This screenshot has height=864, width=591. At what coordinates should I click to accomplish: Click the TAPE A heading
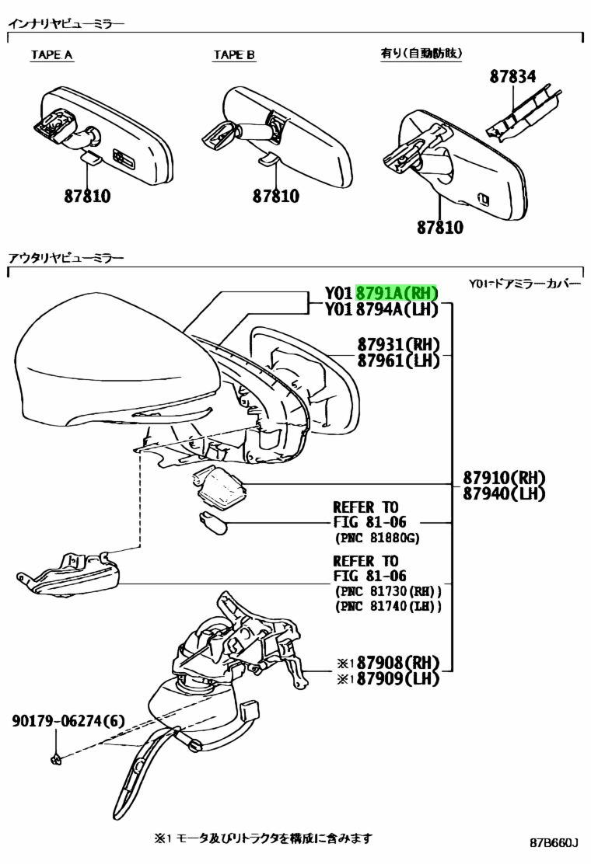click(51, 54)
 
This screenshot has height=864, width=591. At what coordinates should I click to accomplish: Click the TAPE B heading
click(234, 54)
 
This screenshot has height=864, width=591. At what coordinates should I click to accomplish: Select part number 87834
click(512, 76)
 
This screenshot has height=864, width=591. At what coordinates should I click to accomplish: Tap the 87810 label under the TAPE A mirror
click(87, 196)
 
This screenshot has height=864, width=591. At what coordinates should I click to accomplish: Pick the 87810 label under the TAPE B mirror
click(275, 196)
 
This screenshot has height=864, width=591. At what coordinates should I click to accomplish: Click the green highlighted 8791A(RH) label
click(397, 292)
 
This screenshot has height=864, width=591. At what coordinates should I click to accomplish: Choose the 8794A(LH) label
click(397, 309)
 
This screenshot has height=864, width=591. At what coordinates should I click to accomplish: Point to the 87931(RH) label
click(399, 344)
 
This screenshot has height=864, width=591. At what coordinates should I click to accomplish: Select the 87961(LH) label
click(399, 361)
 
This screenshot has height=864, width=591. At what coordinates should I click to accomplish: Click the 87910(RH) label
click(504, 477)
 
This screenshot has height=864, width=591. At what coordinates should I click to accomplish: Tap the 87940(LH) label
click(504, 493)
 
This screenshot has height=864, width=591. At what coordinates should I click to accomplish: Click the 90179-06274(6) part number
click(68, 721)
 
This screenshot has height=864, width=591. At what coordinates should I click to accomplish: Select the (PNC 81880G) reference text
click(377, 537)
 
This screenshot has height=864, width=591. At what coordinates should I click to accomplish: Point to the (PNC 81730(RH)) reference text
click(388, 591)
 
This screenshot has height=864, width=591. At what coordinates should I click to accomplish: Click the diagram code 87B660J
click(554, 842)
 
